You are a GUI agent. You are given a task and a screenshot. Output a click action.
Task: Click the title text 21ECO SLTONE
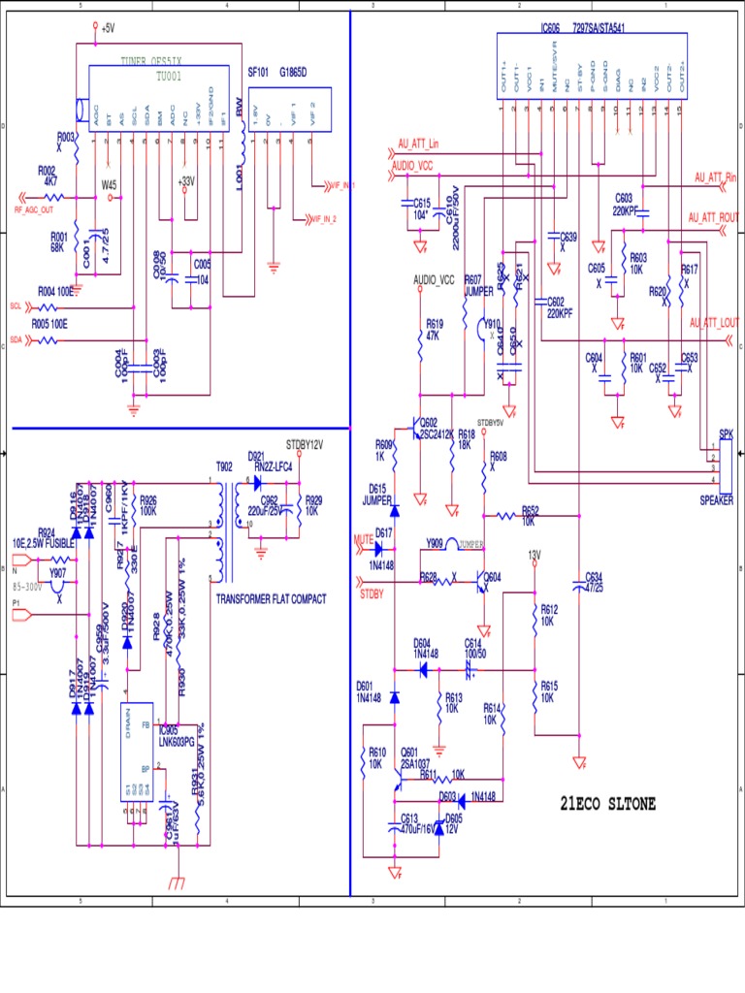coord(607,803)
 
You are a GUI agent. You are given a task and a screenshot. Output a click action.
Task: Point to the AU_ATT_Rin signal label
coord(716,177)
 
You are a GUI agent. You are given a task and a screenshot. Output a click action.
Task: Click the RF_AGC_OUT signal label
coord(34,209)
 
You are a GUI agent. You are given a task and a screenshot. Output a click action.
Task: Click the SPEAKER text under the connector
coord(716,500)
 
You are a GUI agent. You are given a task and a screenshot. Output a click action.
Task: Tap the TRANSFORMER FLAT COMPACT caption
coord(271,598)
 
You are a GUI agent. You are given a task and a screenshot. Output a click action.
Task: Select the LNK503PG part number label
coord(178,740)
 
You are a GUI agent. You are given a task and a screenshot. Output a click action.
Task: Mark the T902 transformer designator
coord(224,465)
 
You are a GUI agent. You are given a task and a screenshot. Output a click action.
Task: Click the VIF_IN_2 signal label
coord(321,219)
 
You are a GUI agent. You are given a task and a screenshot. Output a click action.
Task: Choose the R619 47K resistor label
coord(434,329)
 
